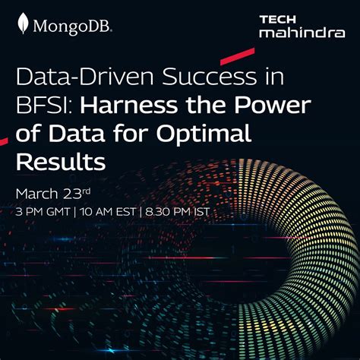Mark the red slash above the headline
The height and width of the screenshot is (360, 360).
tap(237, 55)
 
